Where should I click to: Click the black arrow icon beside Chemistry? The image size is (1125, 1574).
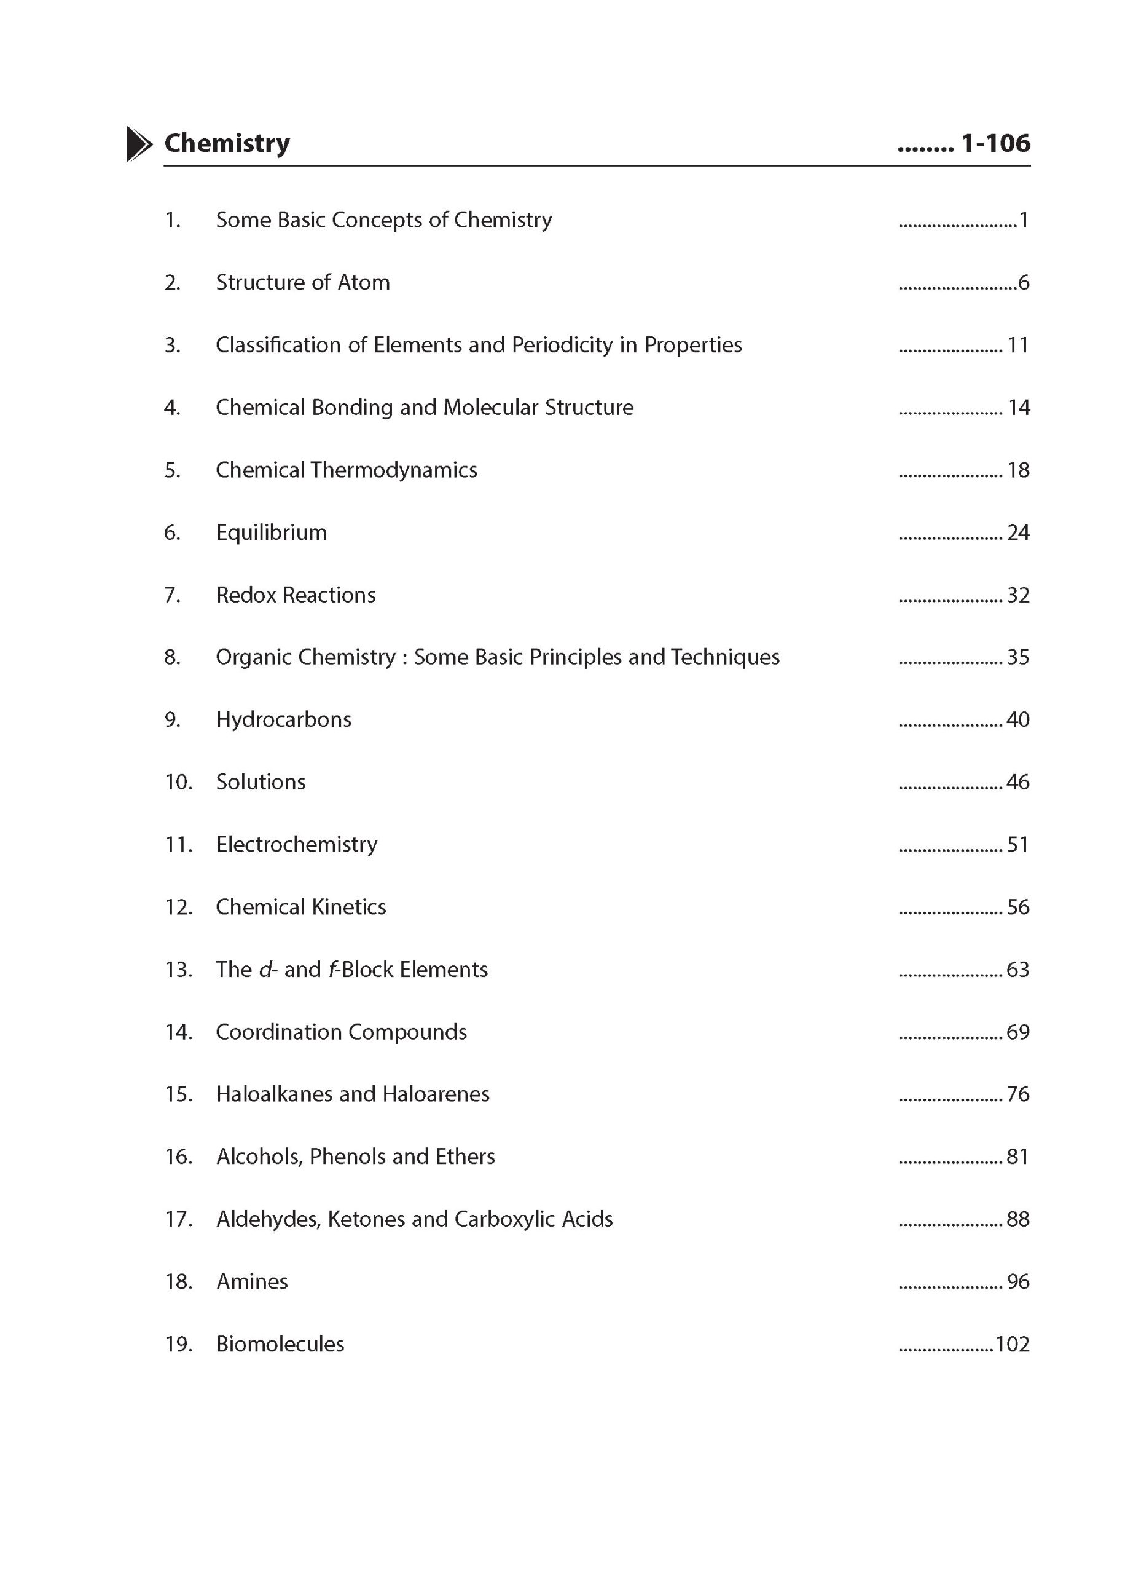(138, 144)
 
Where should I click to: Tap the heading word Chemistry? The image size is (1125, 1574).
(227, 143)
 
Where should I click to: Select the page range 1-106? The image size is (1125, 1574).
(995, 143)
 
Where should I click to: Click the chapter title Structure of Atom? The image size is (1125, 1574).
(303, 283)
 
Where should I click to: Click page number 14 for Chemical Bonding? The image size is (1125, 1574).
(1018, 408)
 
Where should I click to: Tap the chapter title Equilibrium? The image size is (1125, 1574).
(271, 532)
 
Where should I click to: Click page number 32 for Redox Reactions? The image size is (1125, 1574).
(1017, 595)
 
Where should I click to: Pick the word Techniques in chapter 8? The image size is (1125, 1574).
(725, 657)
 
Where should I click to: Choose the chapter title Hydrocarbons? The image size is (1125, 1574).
(283, 719)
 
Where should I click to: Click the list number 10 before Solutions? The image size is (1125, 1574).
(178, 783)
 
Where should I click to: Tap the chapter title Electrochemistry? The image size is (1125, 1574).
(297, 845)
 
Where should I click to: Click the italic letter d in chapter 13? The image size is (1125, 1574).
(265, 970)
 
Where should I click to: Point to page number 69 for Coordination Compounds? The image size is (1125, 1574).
(1017, 1032)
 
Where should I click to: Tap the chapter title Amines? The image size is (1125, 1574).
(251, 1281)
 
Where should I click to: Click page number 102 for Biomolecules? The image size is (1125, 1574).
(1012, 1344)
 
